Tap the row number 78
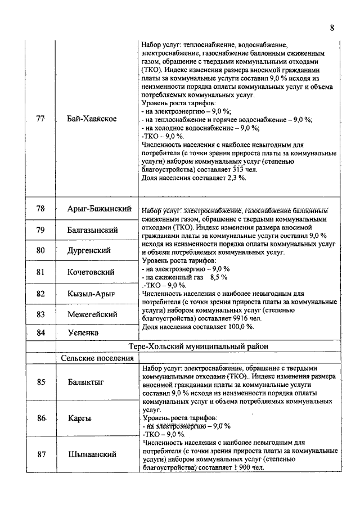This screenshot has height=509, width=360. [x=40, y=209]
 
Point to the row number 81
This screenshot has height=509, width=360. [x=40, y=272]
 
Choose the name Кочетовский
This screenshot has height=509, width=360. [x=91, y=272]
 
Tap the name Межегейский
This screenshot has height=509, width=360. [x=92, y=314]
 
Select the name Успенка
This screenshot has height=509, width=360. [x=83, y=333]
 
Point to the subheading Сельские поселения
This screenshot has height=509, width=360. [x=94, y=358]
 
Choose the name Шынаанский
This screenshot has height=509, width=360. [x=92, y=454]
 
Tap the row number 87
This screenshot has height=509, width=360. [x=40, y=454]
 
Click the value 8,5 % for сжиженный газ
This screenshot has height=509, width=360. [x=218, y=277]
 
